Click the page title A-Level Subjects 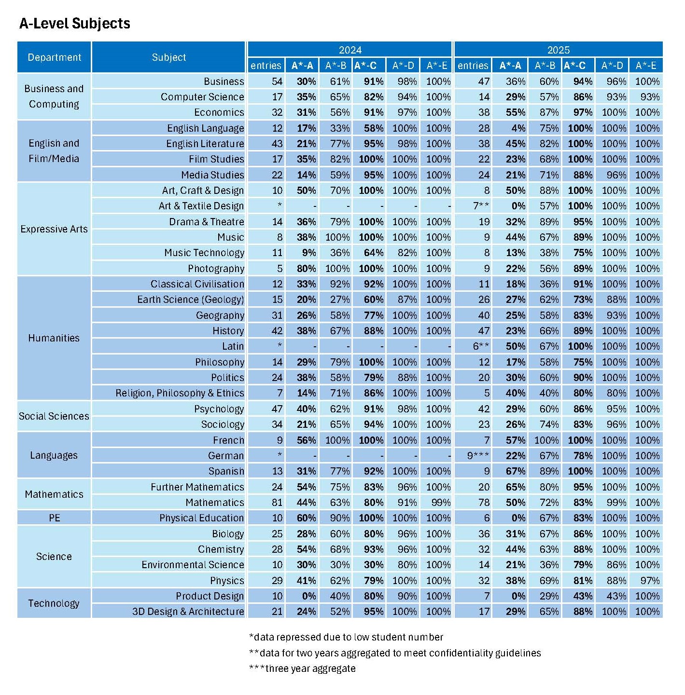point(75,24)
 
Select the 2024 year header point(350,50)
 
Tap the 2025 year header point(559,50)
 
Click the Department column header point(54,57)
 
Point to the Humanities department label point(54,338)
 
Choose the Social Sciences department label point(54,416)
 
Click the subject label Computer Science point(202,97)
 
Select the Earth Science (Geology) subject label point(191,300)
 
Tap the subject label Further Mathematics point(197,487)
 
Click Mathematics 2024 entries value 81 point(277,503)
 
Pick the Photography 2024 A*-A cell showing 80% point(307,269)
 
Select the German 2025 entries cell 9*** point(478,456)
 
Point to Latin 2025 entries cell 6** point(481,346)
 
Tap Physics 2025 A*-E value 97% point(650,581)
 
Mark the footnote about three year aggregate point(303,669)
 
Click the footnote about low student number point(346,638)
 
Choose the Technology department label point(54,603)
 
